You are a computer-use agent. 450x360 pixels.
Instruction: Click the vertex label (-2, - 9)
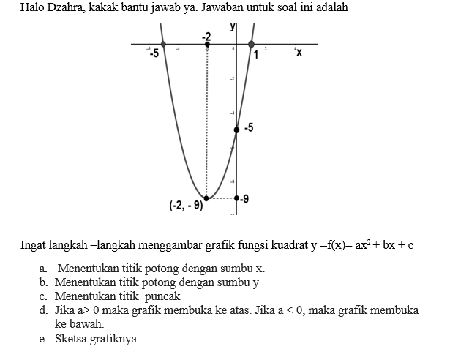pyautogui.click(x=186, y=206)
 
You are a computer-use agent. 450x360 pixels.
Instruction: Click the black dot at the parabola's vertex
pyautogui.click(x=207, y=198)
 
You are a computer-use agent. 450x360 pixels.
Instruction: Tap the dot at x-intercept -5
pyautogui.click(x=162, y=45)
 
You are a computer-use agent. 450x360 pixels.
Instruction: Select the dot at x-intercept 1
pyautogui.click(x=252, y=45)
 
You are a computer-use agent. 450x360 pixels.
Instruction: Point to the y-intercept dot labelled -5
pyautogui.click(x=236, y=130)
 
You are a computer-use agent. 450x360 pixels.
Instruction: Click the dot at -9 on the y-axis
pyautogui.click(x=236, y=198)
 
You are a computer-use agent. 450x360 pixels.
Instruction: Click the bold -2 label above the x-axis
pyautogui.click(x=207, y=36)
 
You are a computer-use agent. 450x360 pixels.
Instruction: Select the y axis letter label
pyautogui.click(x=233, y=26)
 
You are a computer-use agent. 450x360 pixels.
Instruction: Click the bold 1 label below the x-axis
pyautogui.click(x=257, y=55)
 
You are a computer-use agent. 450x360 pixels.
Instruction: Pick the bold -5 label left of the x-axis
pyautogui.click(x=154, y=53)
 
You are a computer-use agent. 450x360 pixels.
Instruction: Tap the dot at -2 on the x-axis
pyautogui.click(x=207, y=45)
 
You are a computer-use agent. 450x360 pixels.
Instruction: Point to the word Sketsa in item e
pyautogui.click(x=72, y=339)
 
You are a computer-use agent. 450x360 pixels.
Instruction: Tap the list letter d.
pyautogui.click(x=44, y=310)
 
